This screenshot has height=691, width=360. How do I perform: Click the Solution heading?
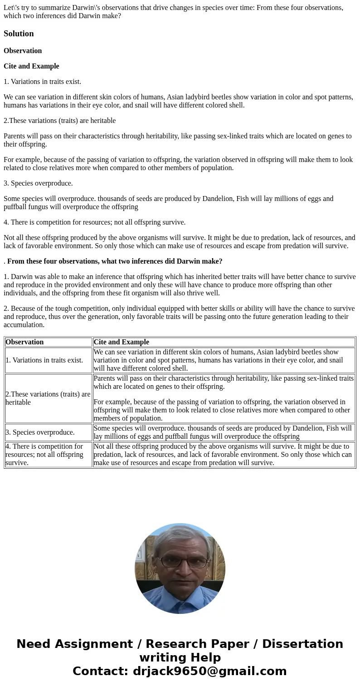tap(19, 34)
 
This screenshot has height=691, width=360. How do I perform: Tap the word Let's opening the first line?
tap(12, 8)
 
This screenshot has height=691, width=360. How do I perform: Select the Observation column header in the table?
tap(24, 342)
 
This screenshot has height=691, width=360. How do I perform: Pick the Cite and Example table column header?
tap(121, 342)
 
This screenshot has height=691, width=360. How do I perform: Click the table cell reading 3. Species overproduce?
tap(40, 432)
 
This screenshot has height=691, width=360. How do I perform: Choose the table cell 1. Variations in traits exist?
tap(44, 360)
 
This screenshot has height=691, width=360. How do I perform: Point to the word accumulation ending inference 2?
tap(24, 325)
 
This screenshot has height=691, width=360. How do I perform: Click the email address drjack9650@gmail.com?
tap(209, 671)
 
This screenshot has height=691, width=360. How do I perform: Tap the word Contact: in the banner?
tap(100, 671)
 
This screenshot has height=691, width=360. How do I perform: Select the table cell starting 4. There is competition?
tap(44, 455)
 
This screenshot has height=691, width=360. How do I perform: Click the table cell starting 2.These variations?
tap(48, 398)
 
